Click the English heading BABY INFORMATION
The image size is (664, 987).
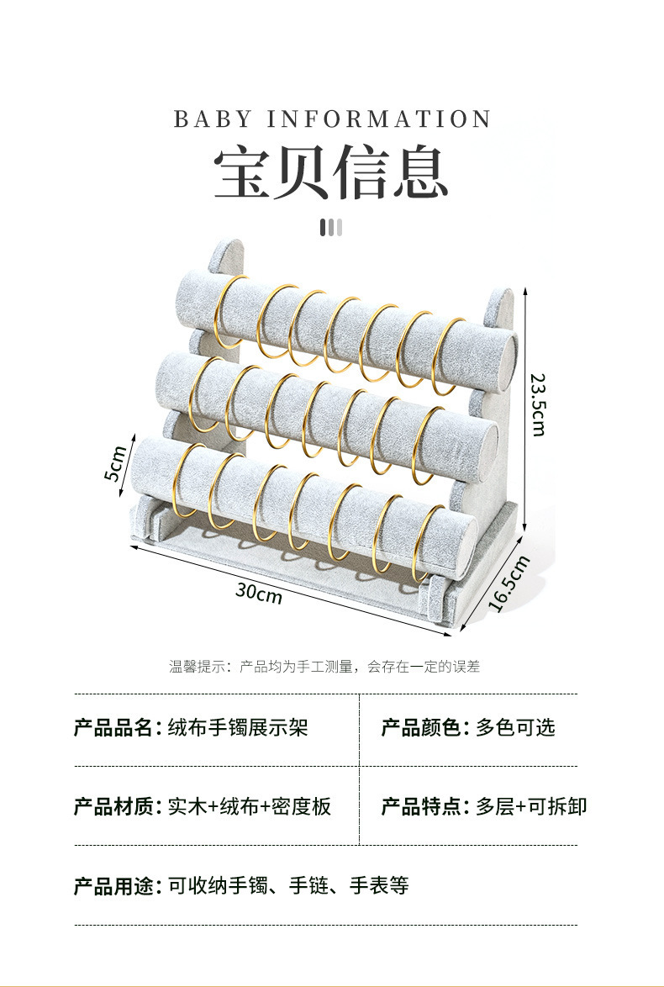coord(332,119)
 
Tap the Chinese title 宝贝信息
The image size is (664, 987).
coord(331,172)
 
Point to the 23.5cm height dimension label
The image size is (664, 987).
coord(539,404)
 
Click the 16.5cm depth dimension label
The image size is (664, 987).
coord(509,584)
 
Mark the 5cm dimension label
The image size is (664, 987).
coord(116,463)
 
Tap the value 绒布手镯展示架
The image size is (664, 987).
coord(238,728)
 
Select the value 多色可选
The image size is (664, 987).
coord(515,728)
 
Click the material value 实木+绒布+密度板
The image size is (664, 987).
coord(250,807)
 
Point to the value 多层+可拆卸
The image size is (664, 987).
coord(531,807)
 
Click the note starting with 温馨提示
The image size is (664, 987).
coord(324,667)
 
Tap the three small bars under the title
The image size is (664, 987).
coord(331,227)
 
